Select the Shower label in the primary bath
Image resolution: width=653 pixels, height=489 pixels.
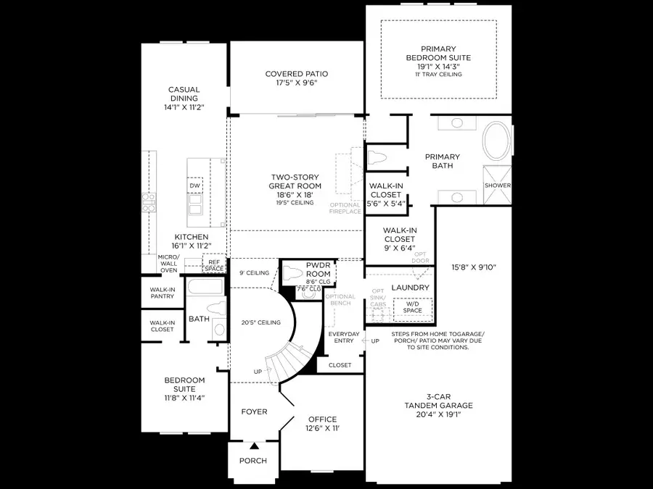point(498,185)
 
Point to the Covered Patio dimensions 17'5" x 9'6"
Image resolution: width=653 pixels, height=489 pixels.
point(296,83)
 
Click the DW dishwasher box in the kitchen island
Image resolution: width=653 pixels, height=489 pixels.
point(194,186)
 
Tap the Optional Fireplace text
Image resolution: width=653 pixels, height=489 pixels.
point(345,209)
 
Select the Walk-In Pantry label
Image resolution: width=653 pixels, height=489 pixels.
point(162,293)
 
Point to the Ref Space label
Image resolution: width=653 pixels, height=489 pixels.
point(214,266)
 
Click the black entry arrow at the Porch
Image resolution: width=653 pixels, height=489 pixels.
point(254,446)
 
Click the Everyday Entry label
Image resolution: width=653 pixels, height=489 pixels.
point(344,338)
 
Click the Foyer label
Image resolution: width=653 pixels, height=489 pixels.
point(254,411)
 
